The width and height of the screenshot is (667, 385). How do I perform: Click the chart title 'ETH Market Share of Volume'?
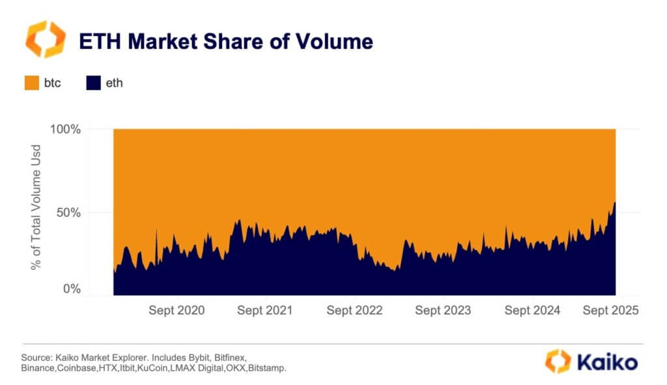[225, 42]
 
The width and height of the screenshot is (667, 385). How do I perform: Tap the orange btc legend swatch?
[32, 83]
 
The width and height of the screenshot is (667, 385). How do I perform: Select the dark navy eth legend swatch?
[93, 83]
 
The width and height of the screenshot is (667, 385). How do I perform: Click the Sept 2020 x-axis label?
[176, 311]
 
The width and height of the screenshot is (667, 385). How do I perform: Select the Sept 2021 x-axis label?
[265, 311]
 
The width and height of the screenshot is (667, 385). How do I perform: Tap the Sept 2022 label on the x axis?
[354, 311]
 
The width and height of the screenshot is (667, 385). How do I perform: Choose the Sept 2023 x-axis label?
[443, 311]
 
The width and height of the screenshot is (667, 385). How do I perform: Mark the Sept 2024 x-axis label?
[532, 311]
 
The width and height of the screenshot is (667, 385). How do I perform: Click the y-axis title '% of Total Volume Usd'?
[35, 211]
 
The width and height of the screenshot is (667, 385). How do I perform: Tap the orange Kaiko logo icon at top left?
[45, 40]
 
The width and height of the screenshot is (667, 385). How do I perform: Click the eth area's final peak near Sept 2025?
[614, 203]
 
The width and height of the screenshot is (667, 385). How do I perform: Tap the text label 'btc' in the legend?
[53, 83]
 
